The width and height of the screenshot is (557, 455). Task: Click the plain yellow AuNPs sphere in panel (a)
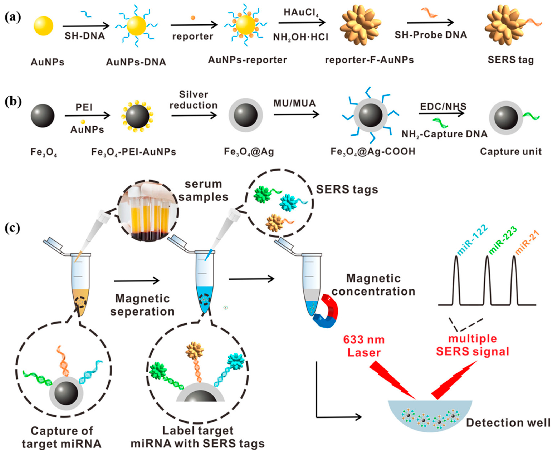tap(43, 26)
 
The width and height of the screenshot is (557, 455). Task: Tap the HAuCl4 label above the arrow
tap(301, 13)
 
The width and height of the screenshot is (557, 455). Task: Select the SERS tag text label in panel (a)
tap(510, 60)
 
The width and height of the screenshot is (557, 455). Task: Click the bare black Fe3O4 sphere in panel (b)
tap(43, 116)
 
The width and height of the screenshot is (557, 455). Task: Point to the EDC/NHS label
tap(443, 106)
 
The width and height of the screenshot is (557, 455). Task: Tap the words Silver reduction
tap(194, 100)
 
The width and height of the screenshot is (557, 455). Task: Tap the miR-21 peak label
tap(527, 242)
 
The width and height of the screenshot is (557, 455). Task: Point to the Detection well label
tap(508, 423)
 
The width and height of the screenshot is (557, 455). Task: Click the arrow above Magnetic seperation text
tap(137, 281)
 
